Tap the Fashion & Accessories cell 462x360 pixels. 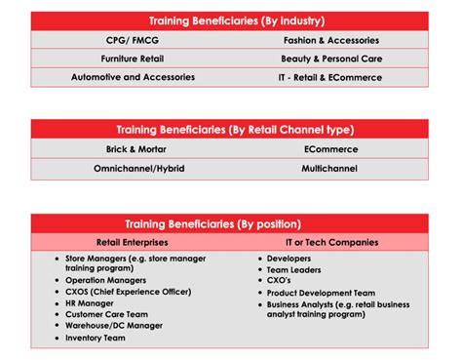coord(330,41)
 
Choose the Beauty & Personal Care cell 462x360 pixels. coord(330,59)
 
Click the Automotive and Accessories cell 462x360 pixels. coord(133,77)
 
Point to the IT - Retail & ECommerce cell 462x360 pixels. coord(330,77)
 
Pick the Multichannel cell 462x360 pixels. coord(330,168)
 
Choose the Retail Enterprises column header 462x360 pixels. coord(131,241)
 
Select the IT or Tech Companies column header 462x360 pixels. coord(330,241)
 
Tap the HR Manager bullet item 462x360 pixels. coord(90,303)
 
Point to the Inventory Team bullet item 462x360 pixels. coord(96,338)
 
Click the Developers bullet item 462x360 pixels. coord(292,258)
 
